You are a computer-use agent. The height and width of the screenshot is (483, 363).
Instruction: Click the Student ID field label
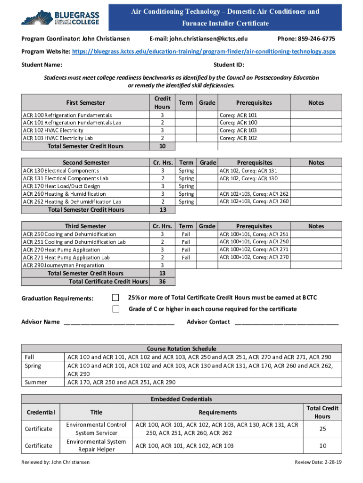click(x=229, y=65)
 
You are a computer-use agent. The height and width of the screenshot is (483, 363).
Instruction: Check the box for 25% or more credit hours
click(x=116, y=298)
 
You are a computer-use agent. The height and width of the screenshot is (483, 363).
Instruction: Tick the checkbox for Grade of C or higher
click(x=116, y=309)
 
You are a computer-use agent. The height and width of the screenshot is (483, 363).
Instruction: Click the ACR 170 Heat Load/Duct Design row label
click(x=61, y=186)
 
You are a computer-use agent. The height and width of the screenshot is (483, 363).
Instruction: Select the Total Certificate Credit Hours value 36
click(x=162, y=282)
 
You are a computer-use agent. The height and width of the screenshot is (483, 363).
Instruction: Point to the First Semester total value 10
click(x=162, y=146)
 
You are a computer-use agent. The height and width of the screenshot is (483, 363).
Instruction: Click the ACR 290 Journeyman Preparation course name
click(x=63, y=265)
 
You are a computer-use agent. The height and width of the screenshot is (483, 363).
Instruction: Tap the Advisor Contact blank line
click(x=286, y=322)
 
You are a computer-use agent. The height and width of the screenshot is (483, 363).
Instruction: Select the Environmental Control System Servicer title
click(x=96, y=429)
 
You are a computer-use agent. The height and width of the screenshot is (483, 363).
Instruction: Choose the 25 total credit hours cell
click(x=322, y=429)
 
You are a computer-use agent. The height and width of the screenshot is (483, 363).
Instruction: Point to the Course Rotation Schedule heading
click(x=181, y=349)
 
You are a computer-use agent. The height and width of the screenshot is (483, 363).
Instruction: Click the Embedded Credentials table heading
click(x=181, y=399)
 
